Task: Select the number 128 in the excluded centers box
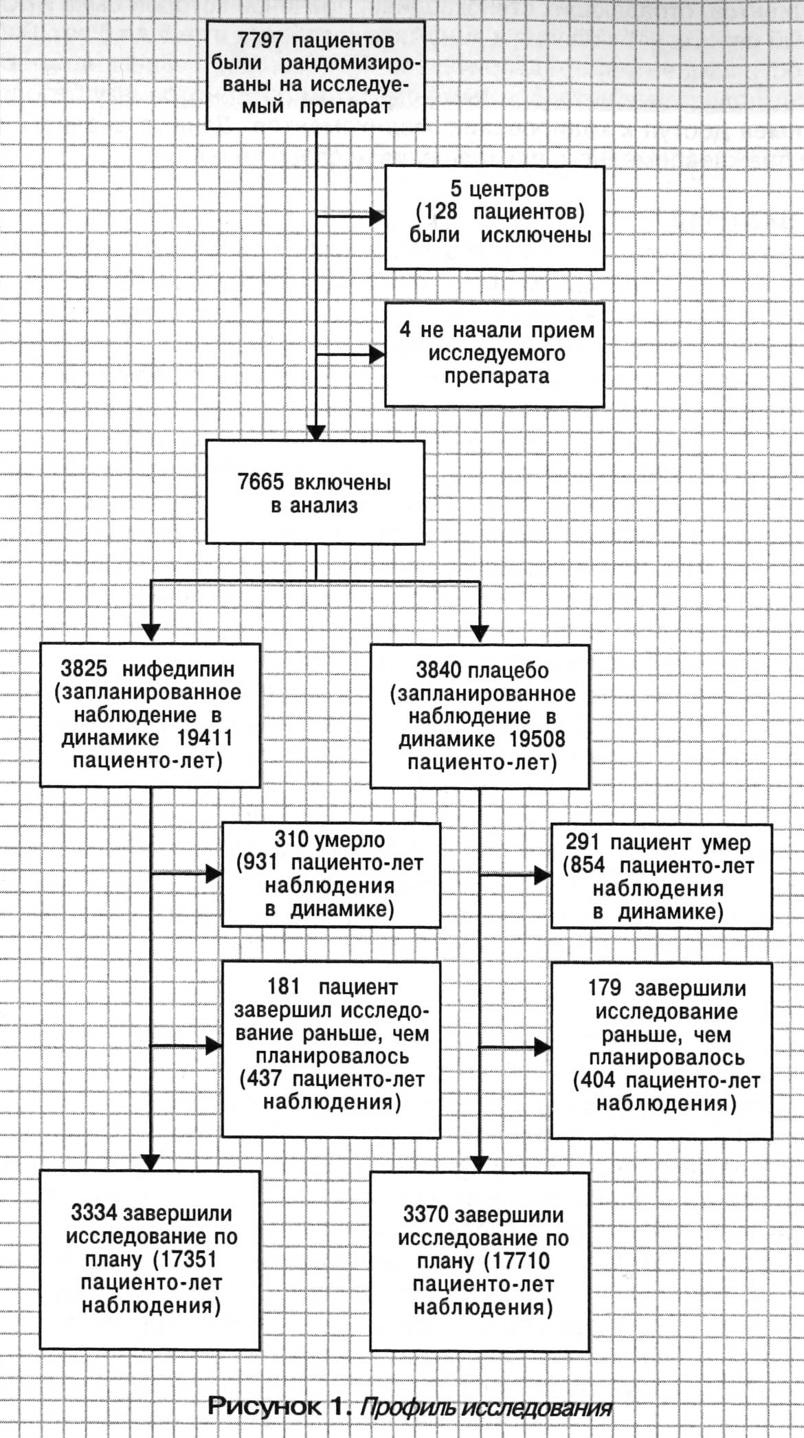[x=441, y=211]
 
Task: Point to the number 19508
[x=537, y=740]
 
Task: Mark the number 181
[x=284, y=987]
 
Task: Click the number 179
[x=605, y=988]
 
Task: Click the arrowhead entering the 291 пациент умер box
[x=543, y=876]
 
